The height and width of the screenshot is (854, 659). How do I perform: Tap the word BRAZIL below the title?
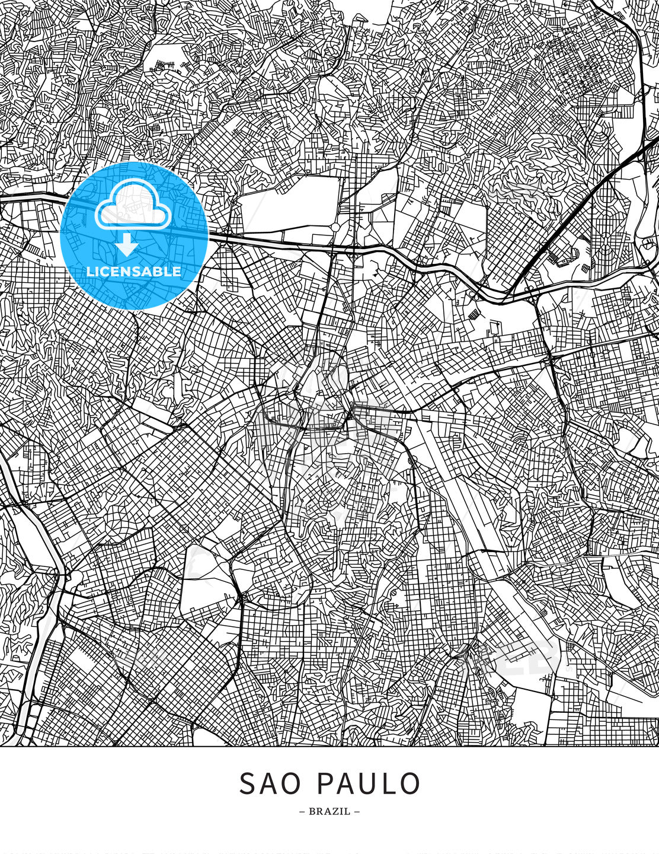[329, 811]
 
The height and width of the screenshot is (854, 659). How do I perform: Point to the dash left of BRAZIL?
[302, 811]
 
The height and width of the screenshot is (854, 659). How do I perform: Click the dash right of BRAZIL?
[357, 811]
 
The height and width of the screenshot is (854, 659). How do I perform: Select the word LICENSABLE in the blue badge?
[134, 272]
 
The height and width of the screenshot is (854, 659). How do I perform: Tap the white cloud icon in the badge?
[133, 205]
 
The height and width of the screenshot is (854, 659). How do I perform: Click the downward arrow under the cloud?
[127, 245]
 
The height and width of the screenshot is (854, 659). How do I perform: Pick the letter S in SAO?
[247, 783]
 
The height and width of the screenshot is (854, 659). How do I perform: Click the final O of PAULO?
[410, 783]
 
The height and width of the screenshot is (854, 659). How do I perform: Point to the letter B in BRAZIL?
[312, 811]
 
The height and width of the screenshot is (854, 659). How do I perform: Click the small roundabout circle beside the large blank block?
[335, 227]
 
